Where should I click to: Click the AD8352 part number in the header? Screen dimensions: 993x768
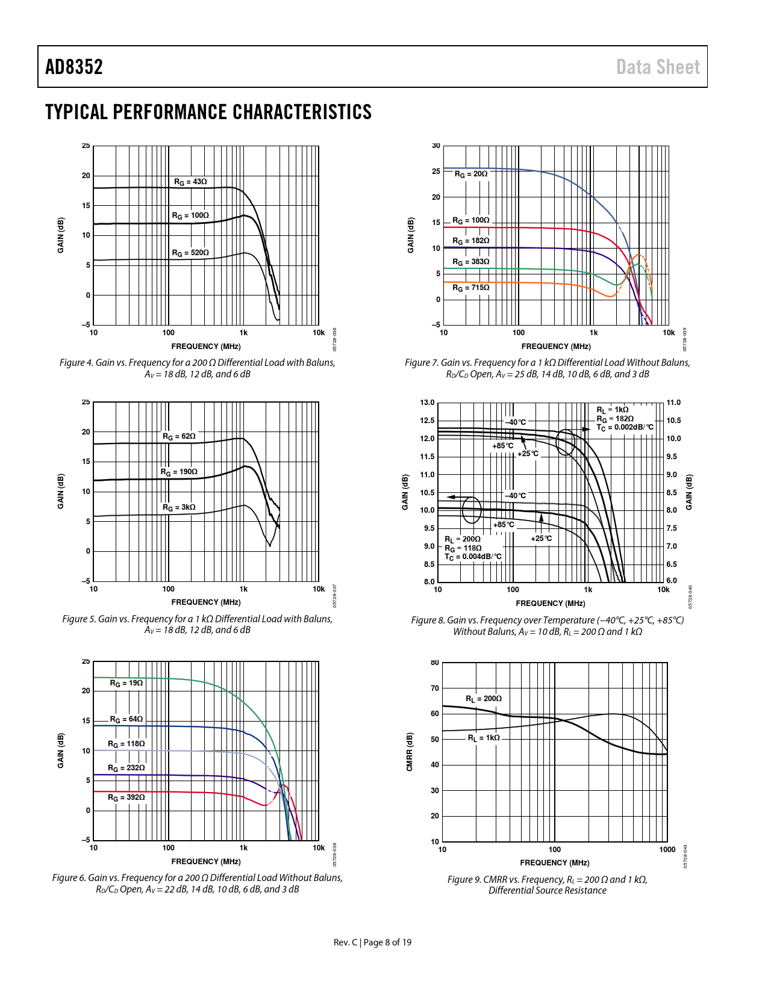(x=74, y=67)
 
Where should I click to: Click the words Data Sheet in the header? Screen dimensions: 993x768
(x=658, y=67)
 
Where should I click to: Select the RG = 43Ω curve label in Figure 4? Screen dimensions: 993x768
(x=190, y=182)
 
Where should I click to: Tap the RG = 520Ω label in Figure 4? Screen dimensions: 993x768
(x=190, y=253)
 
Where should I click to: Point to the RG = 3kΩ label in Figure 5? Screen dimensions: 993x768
(x=179, y=507)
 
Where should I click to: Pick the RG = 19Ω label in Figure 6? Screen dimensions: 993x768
(x=126, y=683)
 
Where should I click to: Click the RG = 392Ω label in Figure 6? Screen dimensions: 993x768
(x=126, y=797)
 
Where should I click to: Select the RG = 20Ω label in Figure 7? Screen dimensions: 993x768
(x=470, y=174)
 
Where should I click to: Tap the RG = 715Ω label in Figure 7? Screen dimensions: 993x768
(x=470, y=288)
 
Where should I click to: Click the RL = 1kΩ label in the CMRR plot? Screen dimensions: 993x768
(x=484, y=738)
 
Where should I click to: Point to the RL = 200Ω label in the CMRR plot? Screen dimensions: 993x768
(x=484, y=699)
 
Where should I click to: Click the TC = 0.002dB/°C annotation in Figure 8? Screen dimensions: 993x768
(x=625, y=427)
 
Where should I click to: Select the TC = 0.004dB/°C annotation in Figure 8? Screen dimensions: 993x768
(x=473, y=557)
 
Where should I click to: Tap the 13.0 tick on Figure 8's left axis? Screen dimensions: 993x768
(x=427, y=403)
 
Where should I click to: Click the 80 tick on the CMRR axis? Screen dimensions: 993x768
(x=435, y=663)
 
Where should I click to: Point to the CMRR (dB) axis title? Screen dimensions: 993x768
(x=410, y=752)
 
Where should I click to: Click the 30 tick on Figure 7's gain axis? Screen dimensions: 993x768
(x=436, y=146)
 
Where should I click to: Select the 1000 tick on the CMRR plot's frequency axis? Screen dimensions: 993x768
(x=667, y=850)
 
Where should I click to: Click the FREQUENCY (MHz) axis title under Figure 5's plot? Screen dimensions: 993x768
(x=206, y=602)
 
